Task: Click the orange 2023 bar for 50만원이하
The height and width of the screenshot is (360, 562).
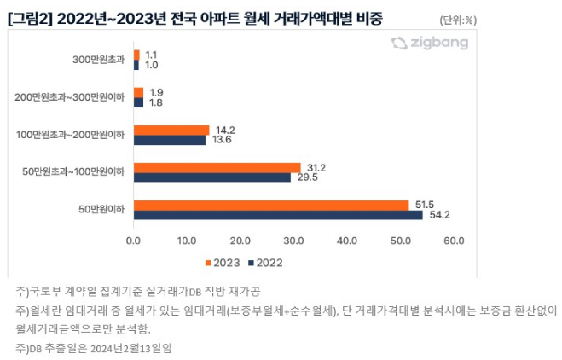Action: pos(271,205)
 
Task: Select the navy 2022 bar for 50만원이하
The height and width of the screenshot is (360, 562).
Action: pos(278,215)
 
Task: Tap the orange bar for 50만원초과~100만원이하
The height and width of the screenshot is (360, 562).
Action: pos(217,167)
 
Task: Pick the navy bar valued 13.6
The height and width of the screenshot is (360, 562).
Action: pos(170,140)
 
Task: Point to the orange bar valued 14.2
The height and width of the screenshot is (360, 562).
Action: pos(171,130)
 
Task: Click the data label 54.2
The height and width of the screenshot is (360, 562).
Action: pos(440,215)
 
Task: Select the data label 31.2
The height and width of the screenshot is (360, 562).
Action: pos(316,167)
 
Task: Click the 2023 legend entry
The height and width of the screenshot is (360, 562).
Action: pos(223,261)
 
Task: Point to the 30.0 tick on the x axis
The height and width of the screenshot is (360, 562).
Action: pos(294,241)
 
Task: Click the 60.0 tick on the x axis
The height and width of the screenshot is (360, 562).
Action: pos(454,241)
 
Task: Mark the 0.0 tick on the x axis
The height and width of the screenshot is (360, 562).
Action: pos(134,241)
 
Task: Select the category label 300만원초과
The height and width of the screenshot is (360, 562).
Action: pos(99,60)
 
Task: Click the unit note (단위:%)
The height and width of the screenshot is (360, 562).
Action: pos(459,19)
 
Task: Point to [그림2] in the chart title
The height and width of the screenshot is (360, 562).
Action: pos(26,18)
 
